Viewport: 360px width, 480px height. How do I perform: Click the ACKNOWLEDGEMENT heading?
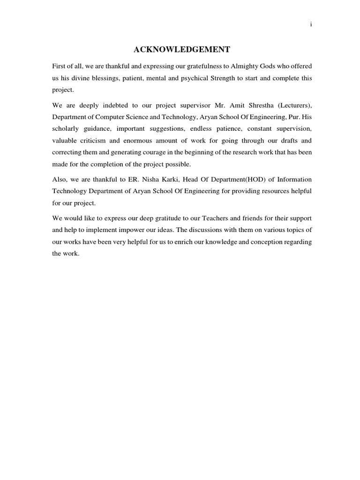coord(182,49)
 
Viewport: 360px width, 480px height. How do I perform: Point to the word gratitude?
coord(165,218)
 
